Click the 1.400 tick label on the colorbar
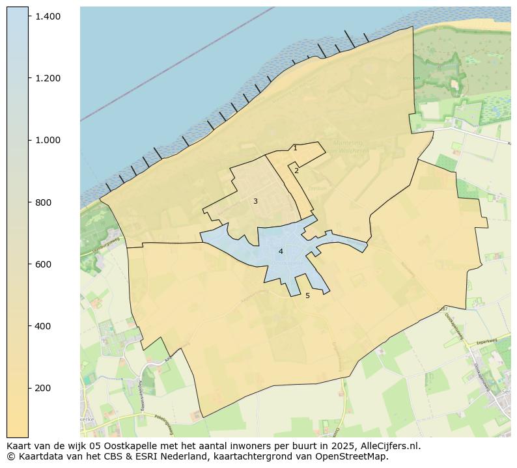pyautogui.click(x=48, y=16)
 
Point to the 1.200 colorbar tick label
pyautogui.click(x=48, y=78)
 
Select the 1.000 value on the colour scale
pyautogui.click(x=48, y=140)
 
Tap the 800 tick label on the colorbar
pyautogui.click(x=42, y=202)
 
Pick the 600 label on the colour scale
pyautogui.click(x=42, y=264)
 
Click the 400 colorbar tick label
pyautogui.click(x=42, y=326)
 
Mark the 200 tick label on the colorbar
pyautogui.click(x=42, y=388)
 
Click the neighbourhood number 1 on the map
pyautogui.click(x=295, y=148)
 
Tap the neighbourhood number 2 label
pyautogui.click(x=296, y=171)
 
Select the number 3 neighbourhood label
pyautogui.click(x=255, y=202)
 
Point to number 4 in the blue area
pyautogui.click(x=281, y=251)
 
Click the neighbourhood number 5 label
pyautogui.click(x=307, y=296)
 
